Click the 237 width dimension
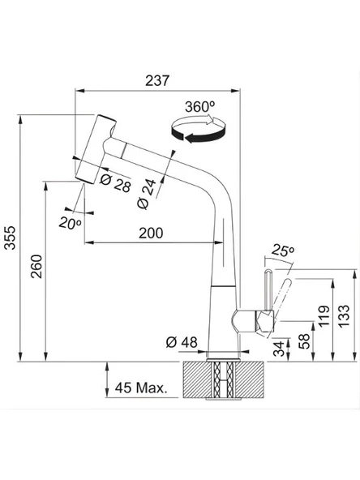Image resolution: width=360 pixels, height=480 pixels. coord(158,80)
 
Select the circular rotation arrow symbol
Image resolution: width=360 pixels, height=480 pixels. coord(196,128)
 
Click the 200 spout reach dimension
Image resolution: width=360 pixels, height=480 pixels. coord(150,232)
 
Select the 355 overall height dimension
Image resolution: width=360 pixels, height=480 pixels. coord(11,242)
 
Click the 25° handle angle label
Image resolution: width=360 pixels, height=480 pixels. coord(281,249)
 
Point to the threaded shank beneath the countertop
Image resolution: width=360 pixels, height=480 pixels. coord(221,382)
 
